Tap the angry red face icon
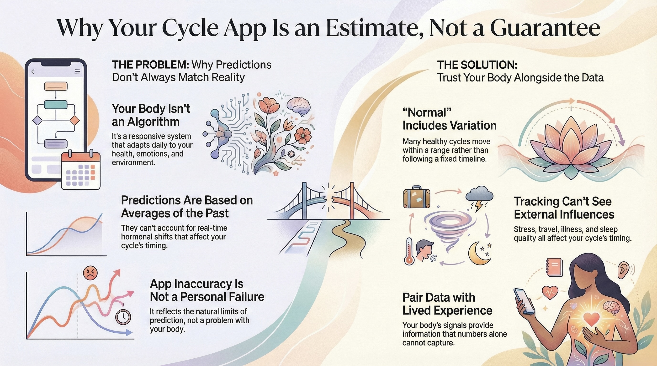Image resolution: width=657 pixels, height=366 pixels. click(90, 273)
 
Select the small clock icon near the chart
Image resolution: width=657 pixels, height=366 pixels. click(123, 317)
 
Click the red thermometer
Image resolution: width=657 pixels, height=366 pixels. click(409, 251)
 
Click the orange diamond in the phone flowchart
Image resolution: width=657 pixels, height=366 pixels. click(75, 120)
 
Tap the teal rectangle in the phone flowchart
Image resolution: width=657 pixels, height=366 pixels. click(56, 105)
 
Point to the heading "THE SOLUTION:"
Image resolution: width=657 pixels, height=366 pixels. click(477, 65)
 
